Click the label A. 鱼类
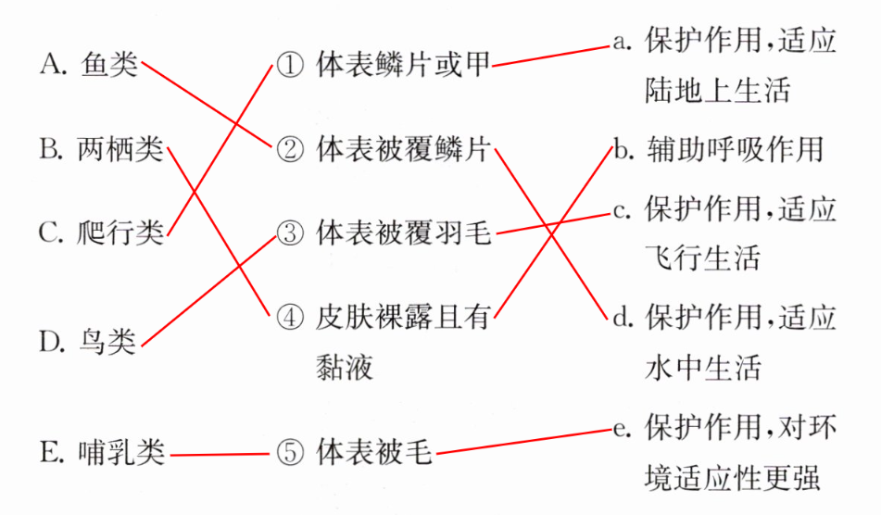pos(89,64)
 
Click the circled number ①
pos(289,66)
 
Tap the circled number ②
pos(289,149)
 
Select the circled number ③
pos(289,232)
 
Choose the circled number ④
pos(289,316)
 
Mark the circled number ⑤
pos(289,454)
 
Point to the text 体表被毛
pos(374,454)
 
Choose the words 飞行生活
pos(702,257)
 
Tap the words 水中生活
pos(702,368)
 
